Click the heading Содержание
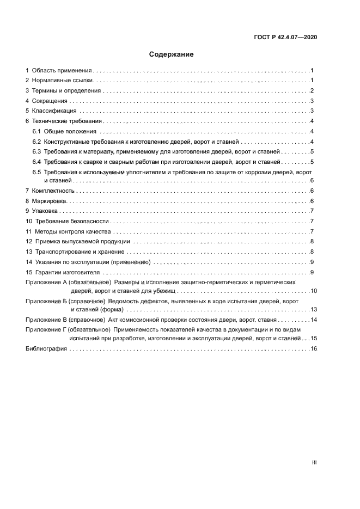[x=172, y=54]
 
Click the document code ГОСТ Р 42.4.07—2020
[x=285, y=38]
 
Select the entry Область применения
[x=62, y=71]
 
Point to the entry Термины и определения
[x=66, y=91]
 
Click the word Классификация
[x=53, y=111]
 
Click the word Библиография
[x=46, y=349]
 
